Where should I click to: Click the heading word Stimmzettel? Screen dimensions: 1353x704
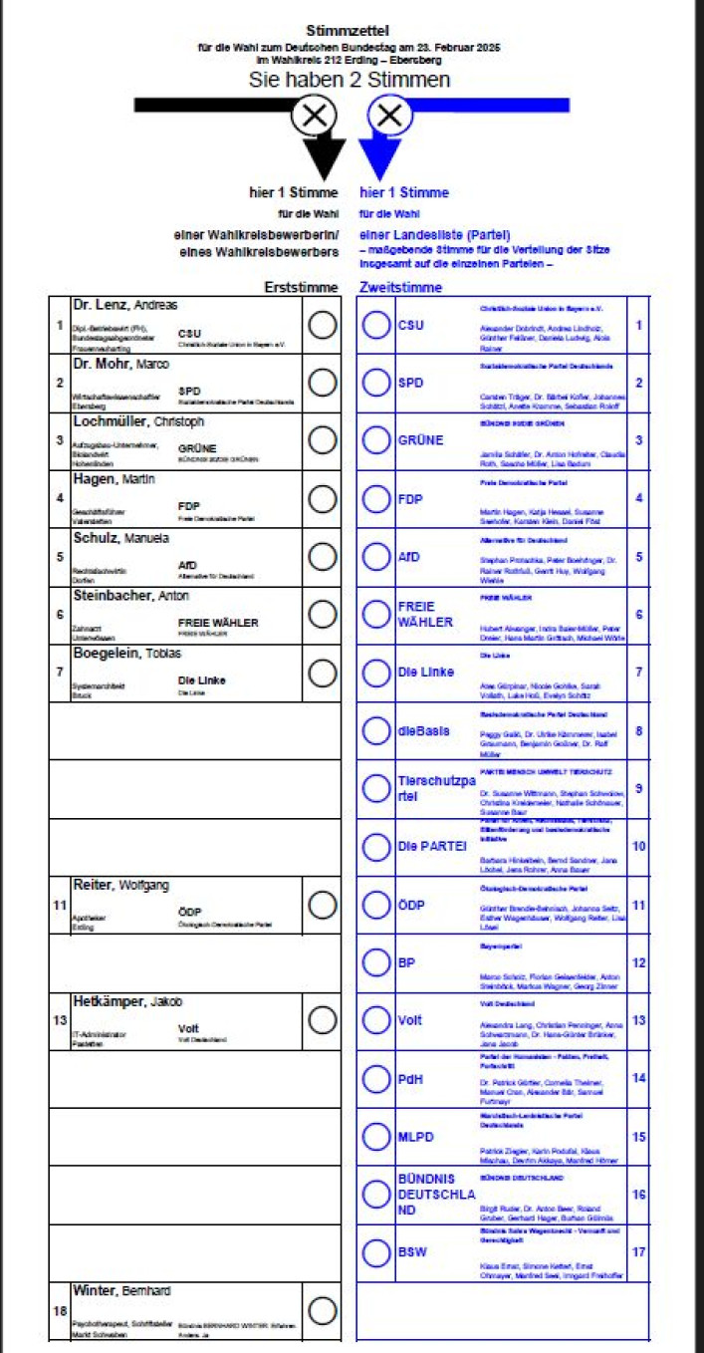(x=348, y=32)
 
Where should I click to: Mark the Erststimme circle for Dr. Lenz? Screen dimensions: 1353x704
(x=323, y=326)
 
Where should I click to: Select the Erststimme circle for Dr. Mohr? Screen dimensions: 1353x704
(x=323, y=384)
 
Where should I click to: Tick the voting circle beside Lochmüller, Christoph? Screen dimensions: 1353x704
(x=323, y=440)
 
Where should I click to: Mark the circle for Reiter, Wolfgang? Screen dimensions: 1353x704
(x=323, y=905)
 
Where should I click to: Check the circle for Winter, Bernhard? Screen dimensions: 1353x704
(x=323, y=1310)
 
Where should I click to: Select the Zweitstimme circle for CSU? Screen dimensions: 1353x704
(x=376, y=326)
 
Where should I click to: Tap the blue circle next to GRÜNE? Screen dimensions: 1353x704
(x=376, y=440)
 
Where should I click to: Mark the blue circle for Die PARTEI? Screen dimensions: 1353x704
(x=376, y=847)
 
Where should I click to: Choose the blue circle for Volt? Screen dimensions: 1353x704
(x=376, y=1020)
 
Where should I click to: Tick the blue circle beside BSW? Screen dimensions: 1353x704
(x=376, y=1251)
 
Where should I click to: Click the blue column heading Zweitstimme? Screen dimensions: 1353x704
(x=400, y=287)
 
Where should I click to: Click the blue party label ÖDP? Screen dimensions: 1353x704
(x=409, y=905)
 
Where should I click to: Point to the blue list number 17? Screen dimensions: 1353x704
(x=638, y=1251)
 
